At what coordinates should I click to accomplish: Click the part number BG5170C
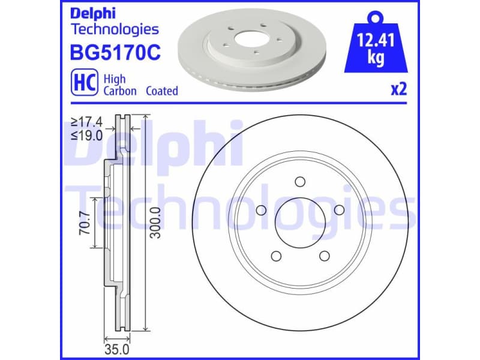[116, 53]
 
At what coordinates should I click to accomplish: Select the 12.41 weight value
[376, 41]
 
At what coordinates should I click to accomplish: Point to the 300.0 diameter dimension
[155, 223]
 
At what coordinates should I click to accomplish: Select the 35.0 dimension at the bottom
[118, 349]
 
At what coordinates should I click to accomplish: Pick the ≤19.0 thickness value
[87, 135]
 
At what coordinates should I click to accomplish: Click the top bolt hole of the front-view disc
[301, 182]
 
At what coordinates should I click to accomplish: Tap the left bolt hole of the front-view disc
[261, 210]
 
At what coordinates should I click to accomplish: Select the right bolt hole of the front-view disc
[340, 209]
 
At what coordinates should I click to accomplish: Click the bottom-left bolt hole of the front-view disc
[276, 256]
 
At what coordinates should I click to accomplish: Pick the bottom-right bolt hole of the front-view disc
[325, 256]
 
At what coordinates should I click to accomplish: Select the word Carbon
[120, 91]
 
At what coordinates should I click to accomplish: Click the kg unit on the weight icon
[377, 59]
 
